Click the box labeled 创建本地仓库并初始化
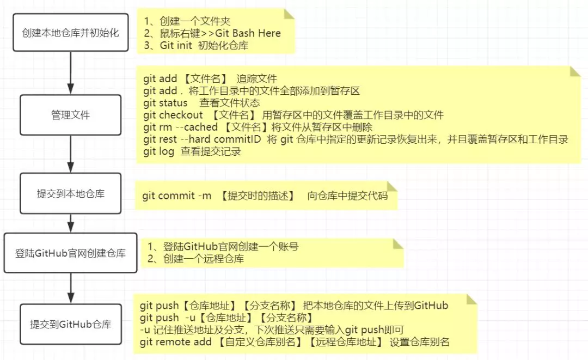pos(71,33)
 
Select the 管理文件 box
pos(70,115)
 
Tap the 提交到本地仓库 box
pos(70,193)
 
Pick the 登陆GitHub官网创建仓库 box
pos(70,253)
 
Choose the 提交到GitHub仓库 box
pos(70,324)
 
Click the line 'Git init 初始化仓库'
pos(196,46)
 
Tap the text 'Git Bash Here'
pos(248,33)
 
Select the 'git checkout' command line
pos(293,115)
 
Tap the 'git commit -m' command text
pos(177,196)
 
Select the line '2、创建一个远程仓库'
pos(196,259)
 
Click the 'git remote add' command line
pos(294,342)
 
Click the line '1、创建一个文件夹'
pos(188,21)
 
